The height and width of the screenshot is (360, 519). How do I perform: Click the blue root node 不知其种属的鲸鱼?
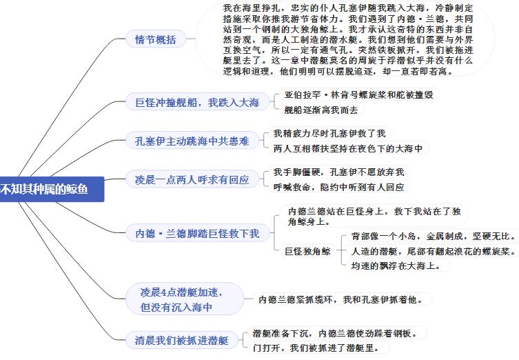pos(51,189)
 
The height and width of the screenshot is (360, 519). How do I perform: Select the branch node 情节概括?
pos(156,39)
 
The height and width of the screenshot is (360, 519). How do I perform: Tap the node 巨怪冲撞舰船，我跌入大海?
pos(197,102)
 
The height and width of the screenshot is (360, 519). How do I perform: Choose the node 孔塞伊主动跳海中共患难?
pos(192,141)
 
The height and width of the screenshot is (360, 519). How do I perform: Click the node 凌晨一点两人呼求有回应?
pos(192,180)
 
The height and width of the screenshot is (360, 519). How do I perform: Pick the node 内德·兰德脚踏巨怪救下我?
pos(197,234)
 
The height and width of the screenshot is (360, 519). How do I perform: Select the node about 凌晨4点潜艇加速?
pos(185,299)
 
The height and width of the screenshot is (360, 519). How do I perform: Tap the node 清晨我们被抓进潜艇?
pos(182,340)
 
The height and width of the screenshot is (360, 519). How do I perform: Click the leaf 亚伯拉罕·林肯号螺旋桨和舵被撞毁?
pos(359,94)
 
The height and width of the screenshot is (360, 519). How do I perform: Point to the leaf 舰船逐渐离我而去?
pos(321,110)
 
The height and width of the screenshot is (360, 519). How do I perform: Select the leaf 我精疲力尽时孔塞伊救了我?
pos(329,134)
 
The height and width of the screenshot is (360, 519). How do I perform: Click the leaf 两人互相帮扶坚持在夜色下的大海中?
pos(348,148)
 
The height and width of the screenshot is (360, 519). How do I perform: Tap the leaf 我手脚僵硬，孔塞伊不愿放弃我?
pos(339,172)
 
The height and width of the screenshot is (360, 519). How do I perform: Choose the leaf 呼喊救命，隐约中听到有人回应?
pos(339,187)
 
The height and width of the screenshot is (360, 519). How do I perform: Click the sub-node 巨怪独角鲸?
pos(308,251)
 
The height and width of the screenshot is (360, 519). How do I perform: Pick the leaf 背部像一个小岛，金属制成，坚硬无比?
pos(434,236)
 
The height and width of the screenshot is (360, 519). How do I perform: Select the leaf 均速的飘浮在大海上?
pos(396,266)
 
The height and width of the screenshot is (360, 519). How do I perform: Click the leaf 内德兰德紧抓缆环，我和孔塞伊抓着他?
pos(341,299)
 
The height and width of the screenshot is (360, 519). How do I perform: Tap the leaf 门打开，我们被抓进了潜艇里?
pos(316,348)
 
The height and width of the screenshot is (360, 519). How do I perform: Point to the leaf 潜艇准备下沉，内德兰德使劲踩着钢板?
pos(336,333)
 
